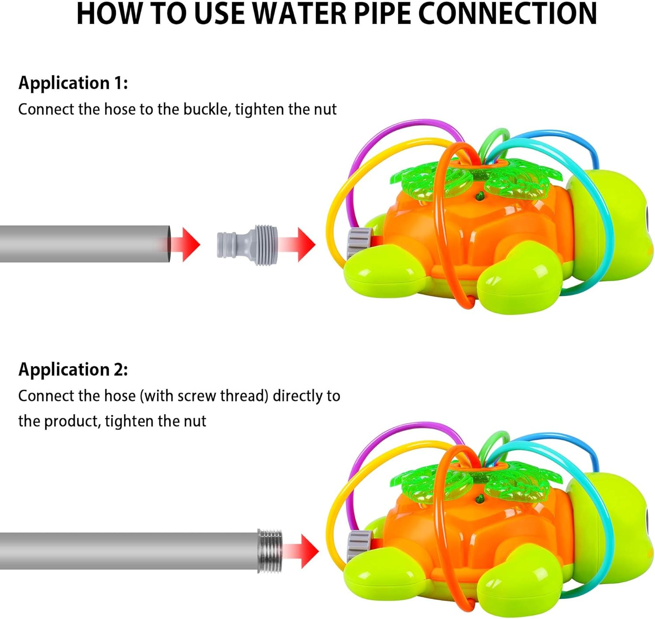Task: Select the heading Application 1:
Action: [73, 83]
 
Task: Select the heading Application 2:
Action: [73, 369]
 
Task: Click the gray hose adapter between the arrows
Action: [248, 245]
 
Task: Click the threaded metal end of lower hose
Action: [270, 550]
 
